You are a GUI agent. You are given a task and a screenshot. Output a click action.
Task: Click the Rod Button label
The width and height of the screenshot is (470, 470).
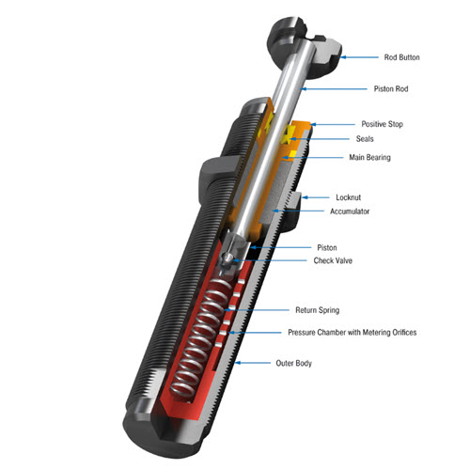coord(401,57)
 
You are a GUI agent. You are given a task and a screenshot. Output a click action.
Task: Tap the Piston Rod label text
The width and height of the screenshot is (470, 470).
coord(391,89)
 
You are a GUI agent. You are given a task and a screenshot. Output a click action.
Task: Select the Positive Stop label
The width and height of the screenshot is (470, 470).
coord(382,124)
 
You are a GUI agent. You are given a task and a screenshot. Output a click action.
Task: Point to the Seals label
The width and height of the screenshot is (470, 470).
coord(365,139)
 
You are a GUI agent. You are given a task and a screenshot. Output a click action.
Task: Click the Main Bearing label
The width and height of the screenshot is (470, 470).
coord(369,157)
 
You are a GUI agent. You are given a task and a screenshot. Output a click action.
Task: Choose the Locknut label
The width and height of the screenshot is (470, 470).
coord(348,197)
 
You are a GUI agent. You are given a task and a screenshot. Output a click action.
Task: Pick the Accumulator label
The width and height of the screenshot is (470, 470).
coord(350,211)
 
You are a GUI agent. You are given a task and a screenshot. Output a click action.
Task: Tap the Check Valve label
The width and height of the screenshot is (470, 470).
coord(333,260)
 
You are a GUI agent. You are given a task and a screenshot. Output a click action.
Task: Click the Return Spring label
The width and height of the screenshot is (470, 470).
coord(317,310)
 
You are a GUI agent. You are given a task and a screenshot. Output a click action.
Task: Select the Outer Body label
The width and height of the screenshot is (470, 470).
coord(293,363)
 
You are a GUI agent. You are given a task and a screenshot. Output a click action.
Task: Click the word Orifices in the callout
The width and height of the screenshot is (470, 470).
coord(403,333)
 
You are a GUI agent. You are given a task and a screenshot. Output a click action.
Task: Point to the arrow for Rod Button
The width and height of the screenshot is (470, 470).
coord(359,57)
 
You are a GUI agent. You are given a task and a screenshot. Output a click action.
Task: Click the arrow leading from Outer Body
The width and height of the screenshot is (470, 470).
coord(253,363)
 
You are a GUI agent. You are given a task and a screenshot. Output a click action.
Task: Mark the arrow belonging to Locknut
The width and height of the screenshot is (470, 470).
coord(316,197)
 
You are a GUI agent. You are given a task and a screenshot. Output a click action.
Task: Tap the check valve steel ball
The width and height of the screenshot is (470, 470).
coord(227,258)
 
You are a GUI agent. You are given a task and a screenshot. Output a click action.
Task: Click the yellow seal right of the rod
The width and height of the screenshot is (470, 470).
coord(287,135)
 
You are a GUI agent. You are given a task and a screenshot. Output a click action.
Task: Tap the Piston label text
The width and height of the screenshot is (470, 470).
coord(327,248)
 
